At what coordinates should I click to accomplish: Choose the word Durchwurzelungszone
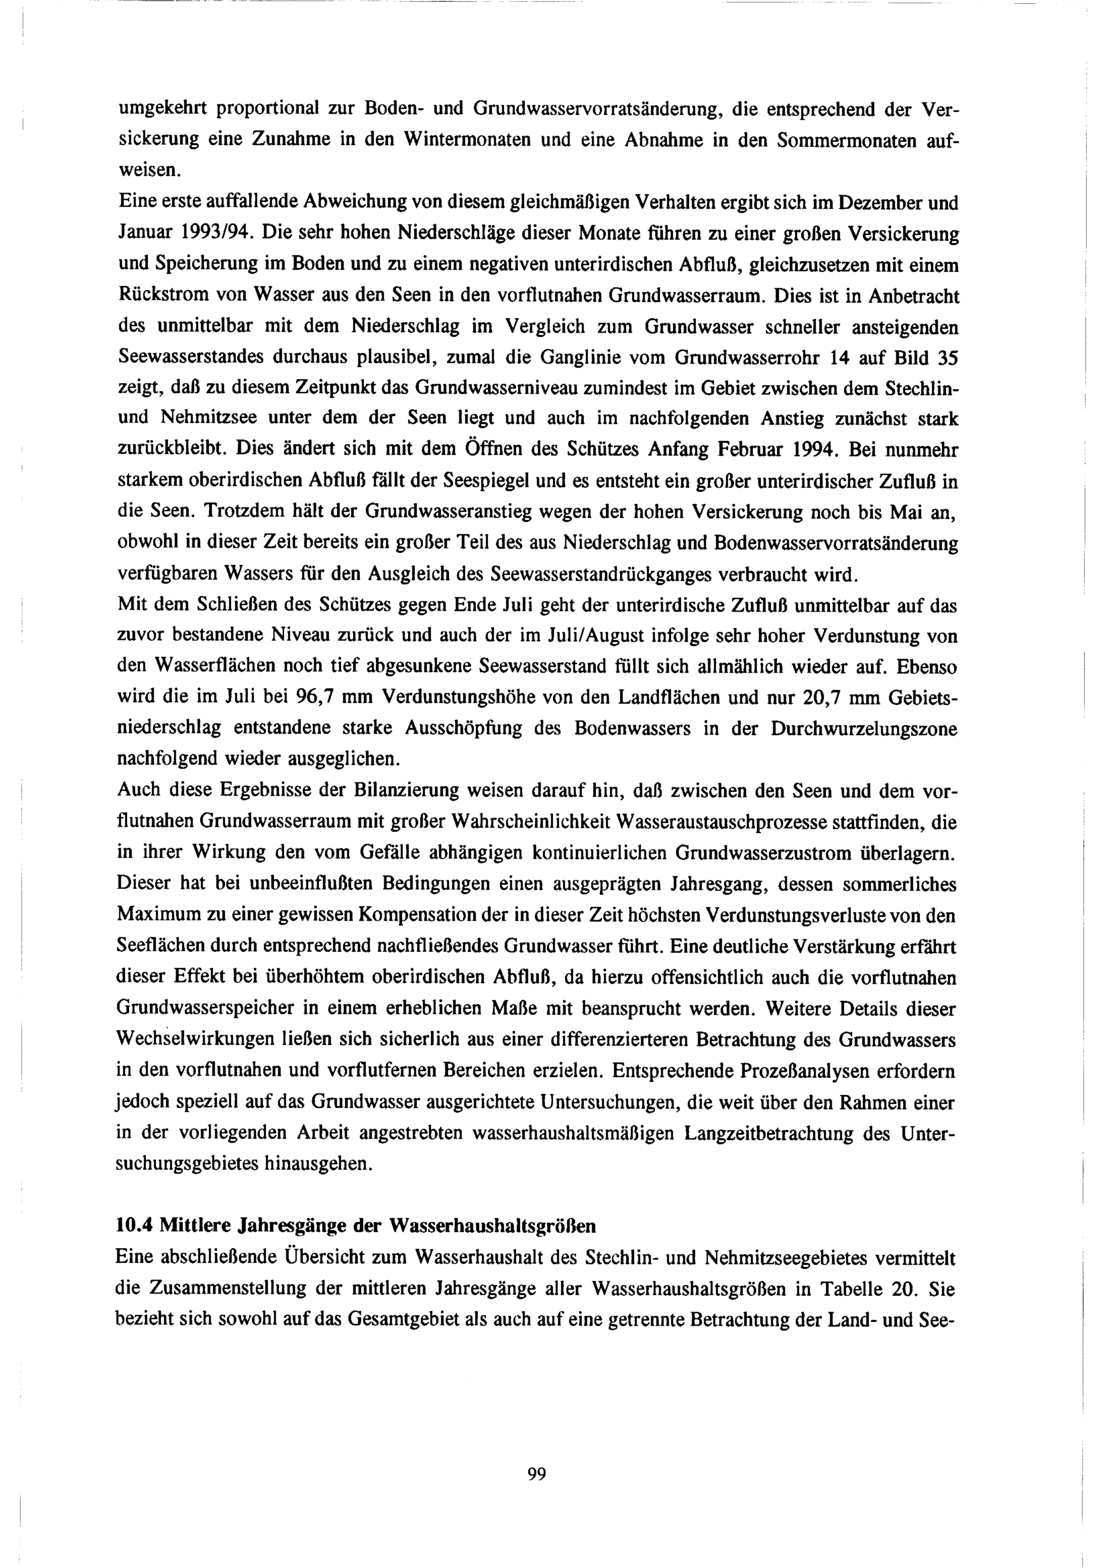point(864,728)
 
